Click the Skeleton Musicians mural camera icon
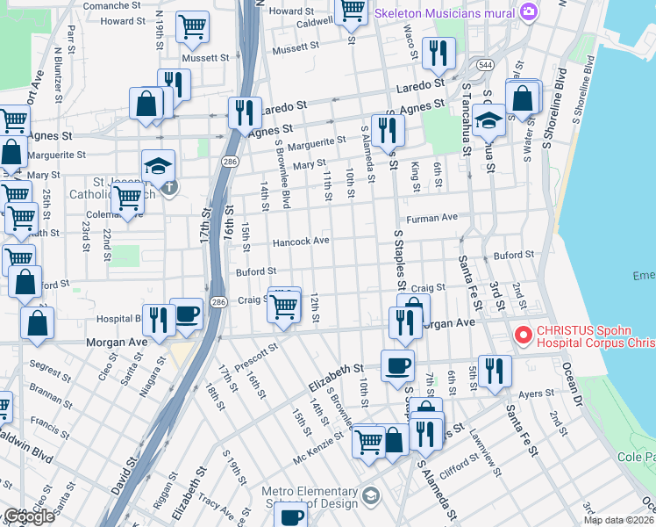pyautogui.click(x=528, y=11)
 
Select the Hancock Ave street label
pyautogui.click(x=301, y=241)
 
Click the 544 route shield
pyautogui.click(x=484, y=65)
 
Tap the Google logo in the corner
pyautogui.click(x=29, y=516)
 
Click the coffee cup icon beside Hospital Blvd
pyautogui.click(x=187, y=314)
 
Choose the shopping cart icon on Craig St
pyautogui.click(x=283, y=307)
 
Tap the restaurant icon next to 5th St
pyautogui.click(x=496, y=371)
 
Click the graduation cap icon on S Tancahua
pyautogui.click(x=488, y=121)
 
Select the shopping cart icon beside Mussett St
pyautogui.click(x=192, y=27)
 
